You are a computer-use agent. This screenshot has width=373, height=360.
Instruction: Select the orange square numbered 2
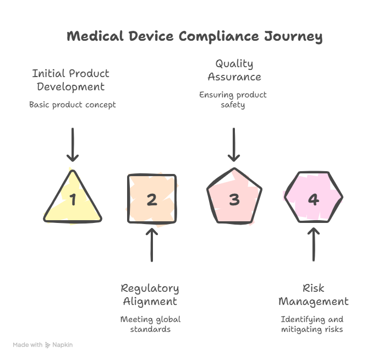(152, 199)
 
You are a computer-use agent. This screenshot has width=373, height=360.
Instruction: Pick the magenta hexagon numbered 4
(314, 197)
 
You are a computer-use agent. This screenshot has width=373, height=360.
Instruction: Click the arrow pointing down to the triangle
(73, 145)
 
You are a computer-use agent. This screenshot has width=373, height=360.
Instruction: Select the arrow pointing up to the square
(152, 245)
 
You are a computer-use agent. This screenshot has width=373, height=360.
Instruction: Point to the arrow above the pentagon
(234, 145)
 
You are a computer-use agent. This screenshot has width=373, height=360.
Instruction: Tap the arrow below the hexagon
(314, 244)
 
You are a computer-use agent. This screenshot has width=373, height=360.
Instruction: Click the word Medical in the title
(95, 36)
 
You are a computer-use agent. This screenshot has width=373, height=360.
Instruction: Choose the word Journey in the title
(293, 37)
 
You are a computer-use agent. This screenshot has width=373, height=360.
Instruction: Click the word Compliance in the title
(218, 37)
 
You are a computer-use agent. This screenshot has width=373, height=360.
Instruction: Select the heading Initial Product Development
(70, 80)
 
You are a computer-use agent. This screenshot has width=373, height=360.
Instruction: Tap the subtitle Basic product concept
(73, 105)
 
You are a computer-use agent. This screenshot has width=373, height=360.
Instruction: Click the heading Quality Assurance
(234, 70)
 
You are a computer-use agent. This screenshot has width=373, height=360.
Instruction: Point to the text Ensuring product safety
(233, 100)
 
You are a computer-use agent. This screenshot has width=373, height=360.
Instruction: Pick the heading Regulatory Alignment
(150, 294)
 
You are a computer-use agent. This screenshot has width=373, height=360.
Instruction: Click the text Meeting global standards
(150, 324)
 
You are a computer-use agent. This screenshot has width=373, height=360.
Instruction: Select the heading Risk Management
(314, 294)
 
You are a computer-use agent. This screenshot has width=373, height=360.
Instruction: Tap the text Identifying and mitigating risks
(312, 324)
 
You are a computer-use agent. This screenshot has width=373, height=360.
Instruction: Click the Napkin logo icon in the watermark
(47, 345)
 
